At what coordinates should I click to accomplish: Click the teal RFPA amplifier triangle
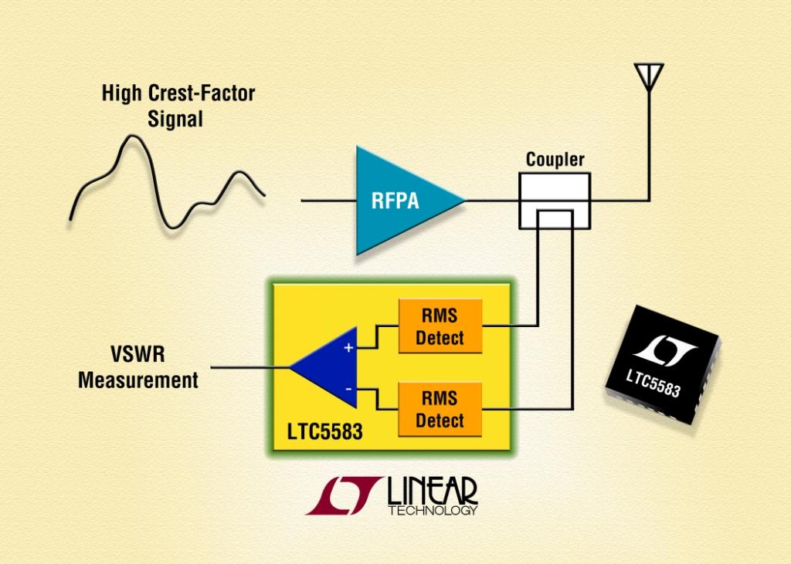click(x=398, y=201)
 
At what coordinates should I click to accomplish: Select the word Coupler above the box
click(x=555, y=160)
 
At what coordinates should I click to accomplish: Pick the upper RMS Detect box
click(x=440, y=326)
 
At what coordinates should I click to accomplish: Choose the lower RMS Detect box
click(x=440, y=409)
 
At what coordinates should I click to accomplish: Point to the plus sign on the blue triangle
click(x=348, y=348)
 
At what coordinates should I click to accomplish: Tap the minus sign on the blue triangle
click(x=348, y=388)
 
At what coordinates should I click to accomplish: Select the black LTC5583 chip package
click(x=661, y=363)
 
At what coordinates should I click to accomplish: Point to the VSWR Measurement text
click(x=138, y=369)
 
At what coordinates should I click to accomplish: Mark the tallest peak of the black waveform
click(x=131, y=141)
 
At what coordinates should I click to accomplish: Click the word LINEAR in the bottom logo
click(x=432, y=491)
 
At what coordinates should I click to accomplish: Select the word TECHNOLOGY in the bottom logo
click(x=432, y=511)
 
